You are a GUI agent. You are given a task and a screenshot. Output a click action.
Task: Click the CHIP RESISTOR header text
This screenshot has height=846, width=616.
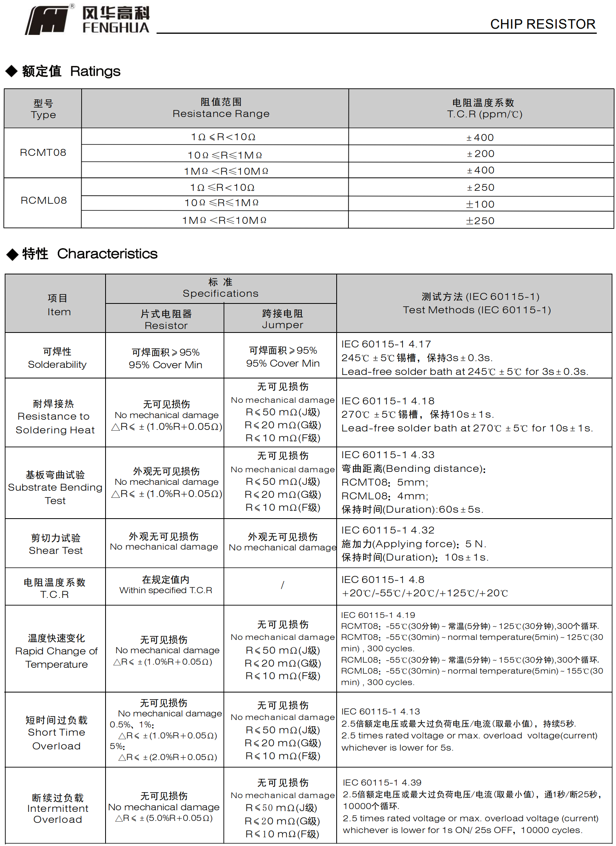coord(542,24)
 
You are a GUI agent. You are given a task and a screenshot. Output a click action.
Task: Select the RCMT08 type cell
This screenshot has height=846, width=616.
coord(43,153)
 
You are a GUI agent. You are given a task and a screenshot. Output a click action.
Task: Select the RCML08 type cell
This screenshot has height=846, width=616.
coord(43,201)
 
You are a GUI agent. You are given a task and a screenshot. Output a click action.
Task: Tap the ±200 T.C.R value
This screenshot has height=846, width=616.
coord(480,154)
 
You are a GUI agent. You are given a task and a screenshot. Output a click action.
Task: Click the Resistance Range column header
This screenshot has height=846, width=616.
coord(221,108)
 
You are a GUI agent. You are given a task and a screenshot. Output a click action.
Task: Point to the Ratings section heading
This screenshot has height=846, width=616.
coord(71,71)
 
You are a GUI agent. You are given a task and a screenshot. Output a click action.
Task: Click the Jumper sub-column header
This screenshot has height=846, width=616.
coord(282,319)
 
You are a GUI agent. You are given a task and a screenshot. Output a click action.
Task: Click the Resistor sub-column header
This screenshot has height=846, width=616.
coord(166,320)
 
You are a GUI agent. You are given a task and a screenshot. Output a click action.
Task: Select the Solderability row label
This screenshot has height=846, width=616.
coord(57,358)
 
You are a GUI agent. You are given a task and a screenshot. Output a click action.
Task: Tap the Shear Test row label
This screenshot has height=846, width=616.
coord(56,544)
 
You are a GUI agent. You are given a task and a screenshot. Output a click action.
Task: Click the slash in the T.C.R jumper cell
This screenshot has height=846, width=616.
coord(282,585)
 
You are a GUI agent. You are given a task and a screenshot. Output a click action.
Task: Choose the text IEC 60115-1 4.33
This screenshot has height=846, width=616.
coord(388,455)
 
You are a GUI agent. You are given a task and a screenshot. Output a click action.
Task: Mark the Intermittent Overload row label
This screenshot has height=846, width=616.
coord(57,808)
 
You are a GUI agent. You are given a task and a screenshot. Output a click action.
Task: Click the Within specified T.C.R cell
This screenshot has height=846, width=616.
coord(166,585)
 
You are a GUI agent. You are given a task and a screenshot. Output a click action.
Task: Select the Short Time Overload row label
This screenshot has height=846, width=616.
coord(56,733)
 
